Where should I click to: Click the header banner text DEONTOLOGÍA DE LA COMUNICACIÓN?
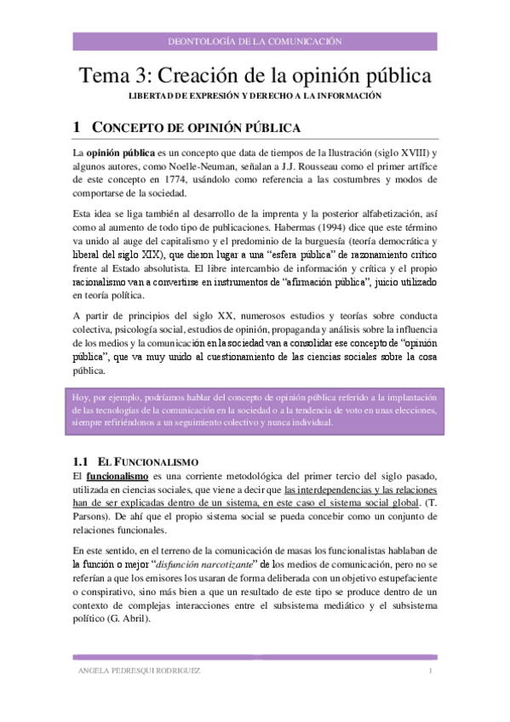[256, 40]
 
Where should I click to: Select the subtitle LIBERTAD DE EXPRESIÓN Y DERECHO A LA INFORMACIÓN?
[255, 96]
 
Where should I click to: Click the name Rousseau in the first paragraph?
[319, 165]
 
